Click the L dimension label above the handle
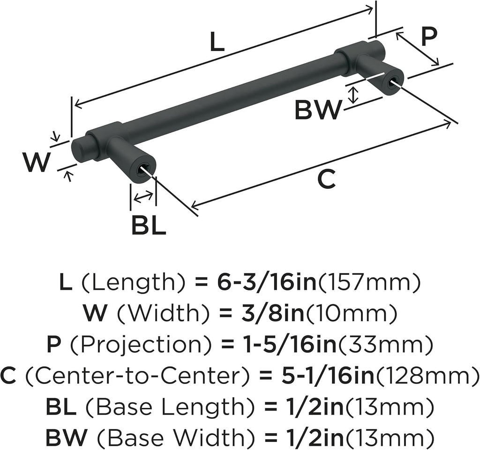[217, 43]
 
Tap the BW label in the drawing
[318, 111]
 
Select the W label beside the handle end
[36, 162]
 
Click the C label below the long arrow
[326, 180]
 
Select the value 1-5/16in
[290, 346]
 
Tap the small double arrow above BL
[143, 197]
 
